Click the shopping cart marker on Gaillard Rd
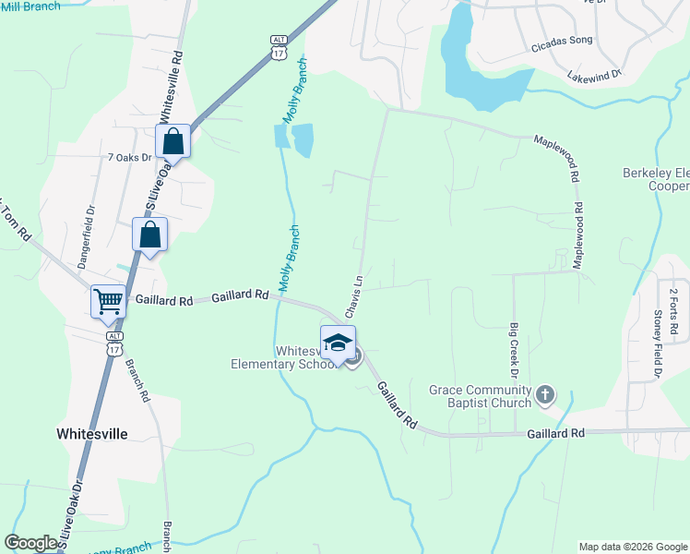pos(109,301)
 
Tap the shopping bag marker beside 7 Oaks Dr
pos(172,142)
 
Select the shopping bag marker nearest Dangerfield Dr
pos(150,235)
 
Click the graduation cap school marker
pos(338,343)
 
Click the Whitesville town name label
pos(91,433)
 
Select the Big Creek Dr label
pos(514,350)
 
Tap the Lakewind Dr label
pos(595,74)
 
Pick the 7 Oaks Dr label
pos(129,158)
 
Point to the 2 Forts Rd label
pos(674,311)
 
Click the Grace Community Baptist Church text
pos(481,396)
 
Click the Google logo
pos(31,543)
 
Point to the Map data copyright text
pos(632,547)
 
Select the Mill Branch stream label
pos(31,6)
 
